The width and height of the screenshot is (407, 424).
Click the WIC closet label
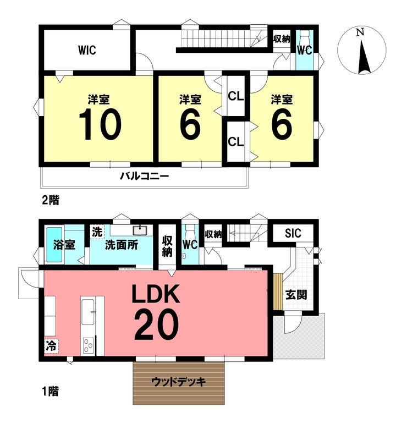click(87, 50)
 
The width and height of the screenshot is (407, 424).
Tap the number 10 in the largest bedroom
click(100, 124)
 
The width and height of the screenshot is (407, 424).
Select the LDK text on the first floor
click(156, 294)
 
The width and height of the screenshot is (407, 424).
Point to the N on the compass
click(360, 32)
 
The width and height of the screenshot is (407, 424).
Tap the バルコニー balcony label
click(145, 177)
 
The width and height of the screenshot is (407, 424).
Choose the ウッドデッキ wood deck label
click(179, 382)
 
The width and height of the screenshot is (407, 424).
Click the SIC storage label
click(293, 233)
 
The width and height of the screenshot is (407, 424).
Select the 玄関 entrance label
click(296, 294)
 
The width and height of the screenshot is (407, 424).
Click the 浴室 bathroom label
click(64, 245)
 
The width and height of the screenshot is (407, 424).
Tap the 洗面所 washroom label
click(122, 245)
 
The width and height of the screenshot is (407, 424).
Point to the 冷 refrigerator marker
click(51, 346)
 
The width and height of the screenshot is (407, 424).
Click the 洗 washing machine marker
click(97, 232)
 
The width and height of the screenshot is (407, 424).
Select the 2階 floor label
click(50, 200)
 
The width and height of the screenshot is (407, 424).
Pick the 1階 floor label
click(50, 392)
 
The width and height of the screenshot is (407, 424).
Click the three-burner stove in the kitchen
click(88, 345)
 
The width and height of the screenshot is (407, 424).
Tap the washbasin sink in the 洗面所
click(140, 230)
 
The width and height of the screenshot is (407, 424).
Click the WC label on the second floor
click(305, 51)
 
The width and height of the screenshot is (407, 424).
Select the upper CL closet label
click(236, 96)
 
